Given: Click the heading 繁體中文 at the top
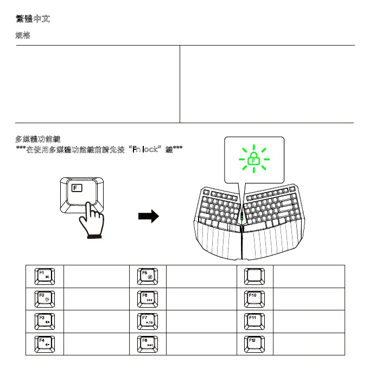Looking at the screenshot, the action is point(34,20).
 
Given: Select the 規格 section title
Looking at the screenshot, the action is point(23,36).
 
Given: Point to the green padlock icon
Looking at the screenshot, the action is point(253,158).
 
